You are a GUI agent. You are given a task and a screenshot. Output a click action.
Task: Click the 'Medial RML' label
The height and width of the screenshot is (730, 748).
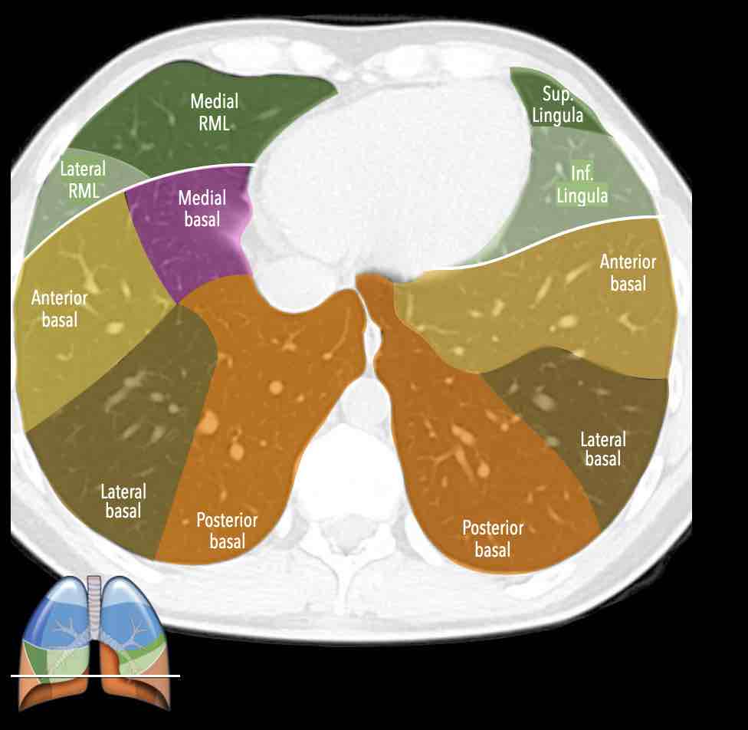pos(214,112)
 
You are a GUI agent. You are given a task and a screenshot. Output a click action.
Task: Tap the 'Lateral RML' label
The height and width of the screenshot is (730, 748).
pos(83,180)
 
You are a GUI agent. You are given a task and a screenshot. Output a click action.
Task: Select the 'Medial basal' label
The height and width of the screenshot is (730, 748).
pos(202,209)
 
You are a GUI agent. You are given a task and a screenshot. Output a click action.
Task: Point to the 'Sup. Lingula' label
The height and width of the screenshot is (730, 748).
pos(557,105)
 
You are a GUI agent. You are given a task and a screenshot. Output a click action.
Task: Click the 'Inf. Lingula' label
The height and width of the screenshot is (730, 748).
pos(582,184)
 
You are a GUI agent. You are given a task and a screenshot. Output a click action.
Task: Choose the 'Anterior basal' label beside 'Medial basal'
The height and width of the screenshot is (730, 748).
pos(60,309)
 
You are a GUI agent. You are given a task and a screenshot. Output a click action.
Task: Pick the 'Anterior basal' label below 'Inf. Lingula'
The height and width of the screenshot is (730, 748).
pos(628,273)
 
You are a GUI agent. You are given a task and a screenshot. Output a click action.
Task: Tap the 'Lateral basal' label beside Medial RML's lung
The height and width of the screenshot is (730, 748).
pos(123,501)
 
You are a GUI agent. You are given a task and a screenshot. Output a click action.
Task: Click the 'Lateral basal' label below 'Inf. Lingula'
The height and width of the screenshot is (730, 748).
pos(603,449)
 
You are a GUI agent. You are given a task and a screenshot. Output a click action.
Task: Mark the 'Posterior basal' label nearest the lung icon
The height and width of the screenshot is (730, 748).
pos(227,531)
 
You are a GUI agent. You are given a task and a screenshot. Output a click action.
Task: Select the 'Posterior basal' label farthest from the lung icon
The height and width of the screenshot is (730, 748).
pos(493,538)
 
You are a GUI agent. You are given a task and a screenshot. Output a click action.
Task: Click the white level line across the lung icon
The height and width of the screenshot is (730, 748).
pos(95,676)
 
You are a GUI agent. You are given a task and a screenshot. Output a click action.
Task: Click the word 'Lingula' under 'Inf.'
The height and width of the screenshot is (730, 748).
pos(582,196)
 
